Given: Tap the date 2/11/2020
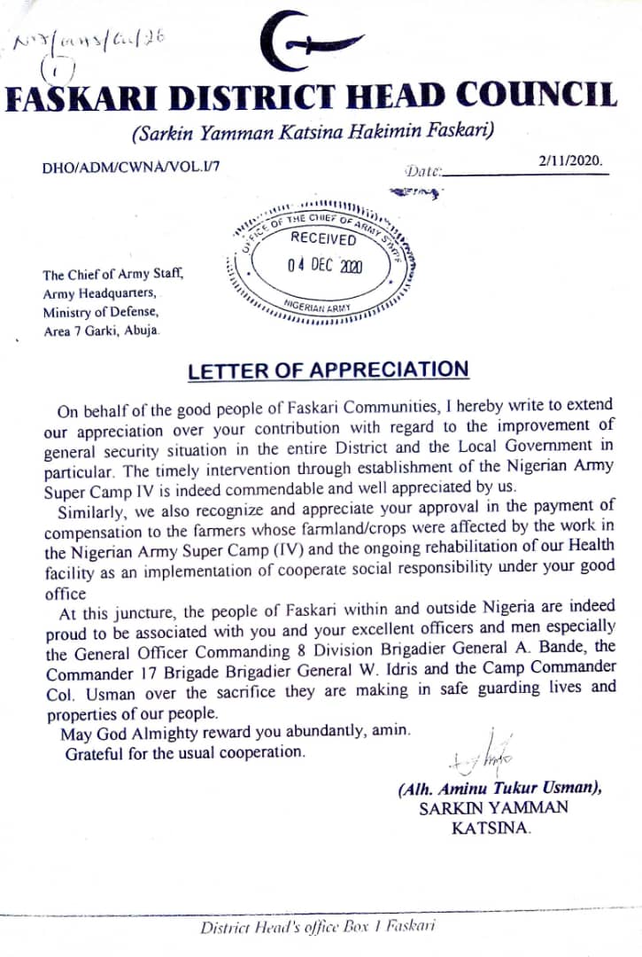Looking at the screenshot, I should coord(570,161).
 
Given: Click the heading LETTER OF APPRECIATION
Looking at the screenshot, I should coord(328,371).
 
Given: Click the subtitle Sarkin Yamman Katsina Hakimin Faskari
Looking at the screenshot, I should coord(312,133).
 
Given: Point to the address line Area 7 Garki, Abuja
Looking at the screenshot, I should coord(102,331).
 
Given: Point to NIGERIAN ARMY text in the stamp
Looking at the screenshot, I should coord(316,306).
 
